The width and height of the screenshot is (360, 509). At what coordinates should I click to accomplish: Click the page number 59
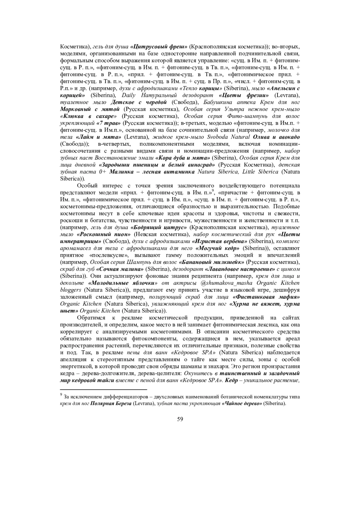tap(180, 419)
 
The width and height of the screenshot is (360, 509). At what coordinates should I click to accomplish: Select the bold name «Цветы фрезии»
tap(244, 95)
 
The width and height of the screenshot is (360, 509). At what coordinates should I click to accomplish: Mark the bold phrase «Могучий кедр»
tap(217, 248)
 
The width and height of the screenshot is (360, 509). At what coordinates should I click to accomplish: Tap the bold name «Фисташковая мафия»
tap(266, 297)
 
